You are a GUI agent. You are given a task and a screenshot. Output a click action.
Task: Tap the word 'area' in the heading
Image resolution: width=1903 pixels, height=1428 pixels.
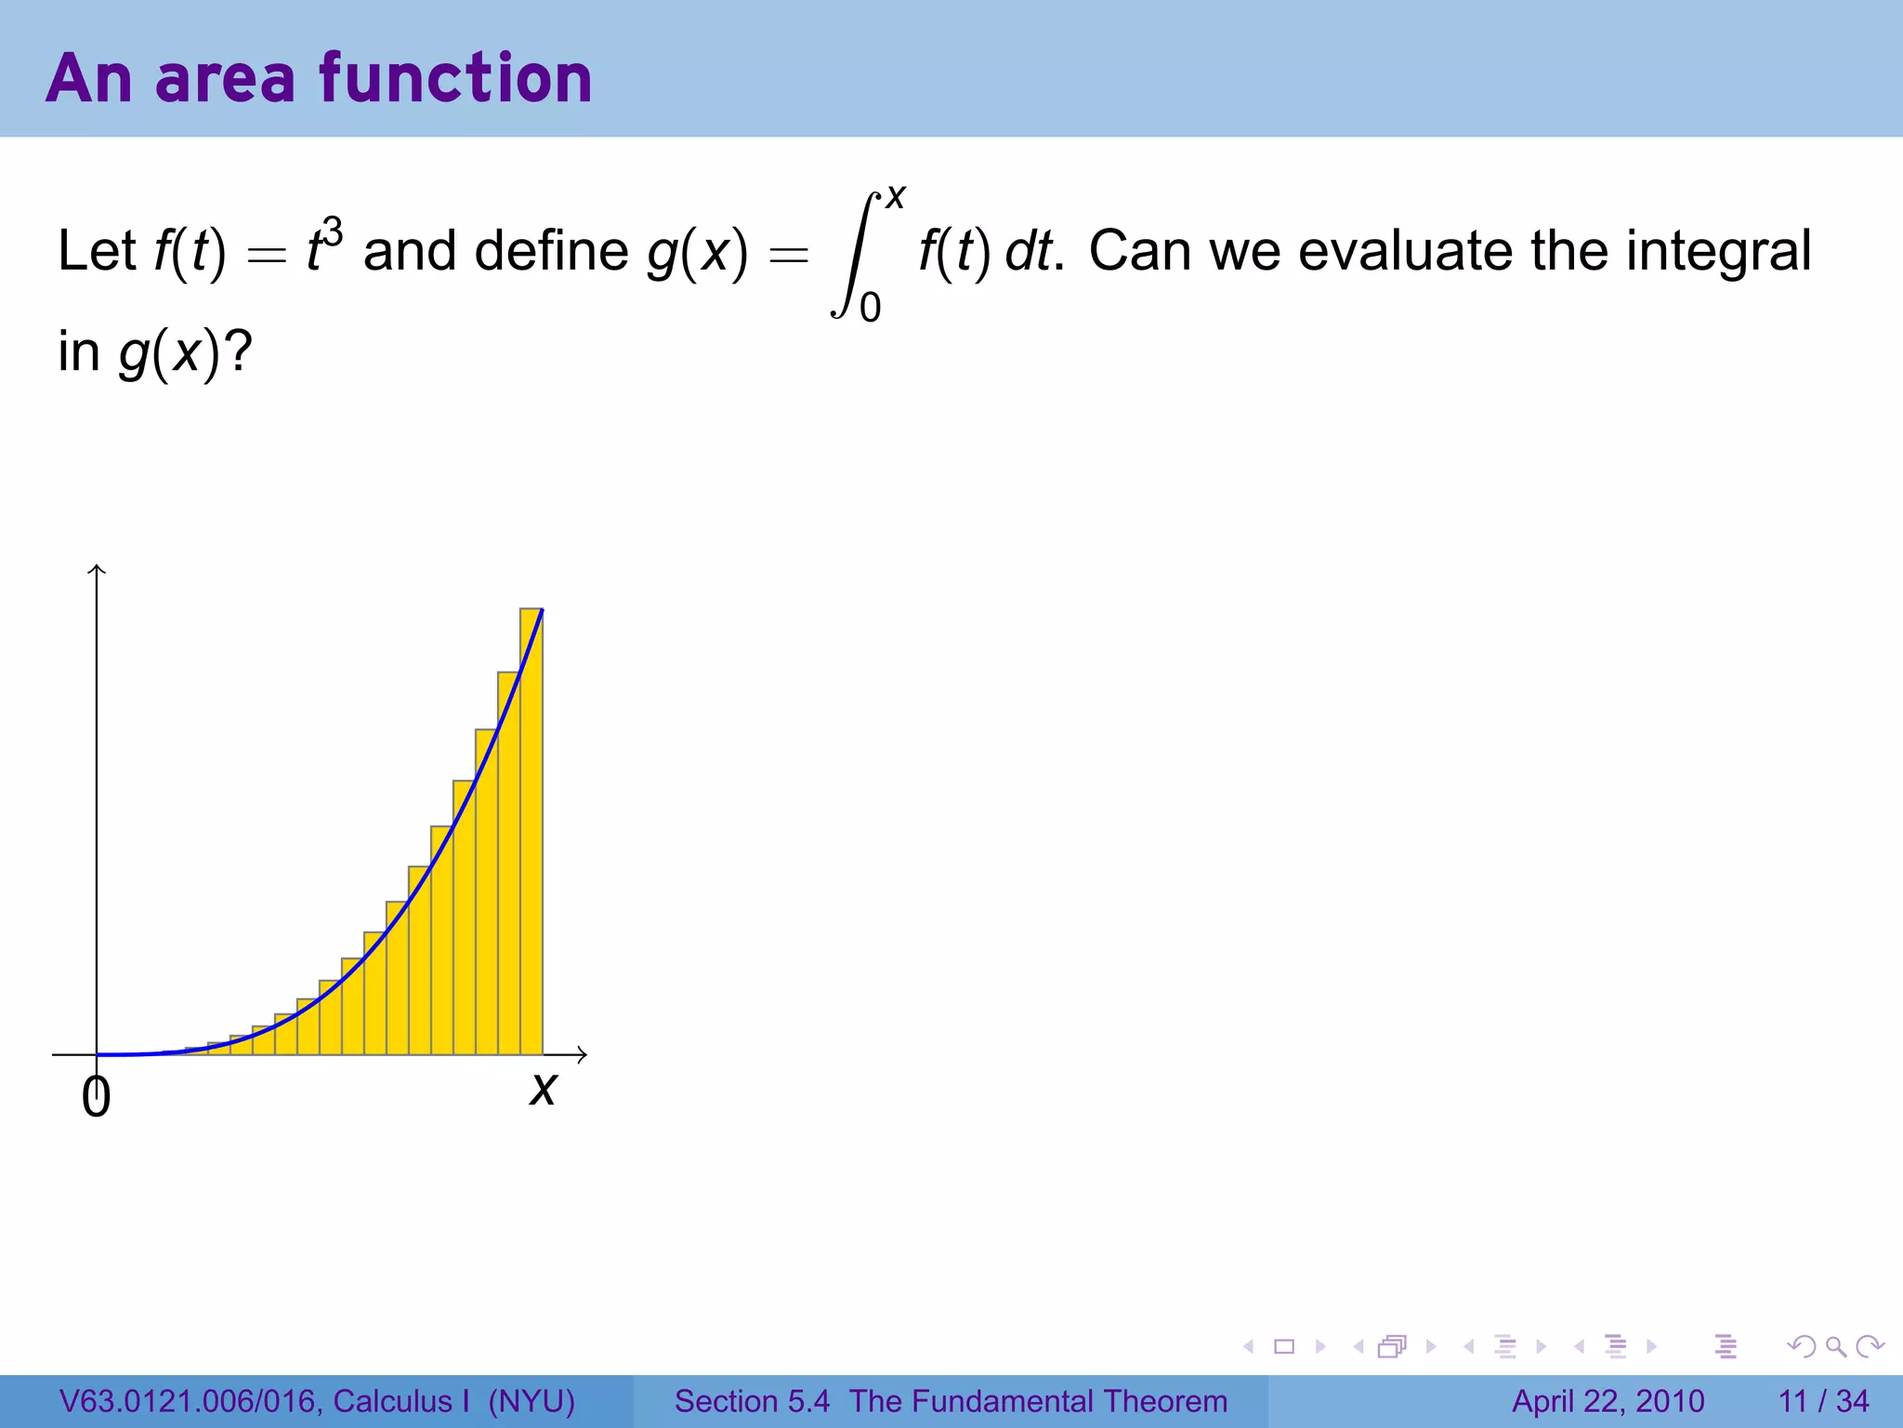[x=225, y=80]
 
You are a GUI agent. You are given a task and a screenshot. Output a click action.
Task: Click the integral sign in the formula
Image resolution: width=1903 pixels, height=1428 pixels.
[x=853, y=255]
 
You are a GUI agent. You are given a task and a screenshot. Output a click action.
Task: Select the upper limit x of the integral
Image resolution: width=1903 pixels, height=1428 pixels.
[x=896, y=197]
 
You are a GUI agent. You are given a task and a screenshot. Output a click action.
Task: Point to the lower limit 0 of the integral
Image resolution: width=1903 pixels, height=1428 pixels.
[x=871, y=307]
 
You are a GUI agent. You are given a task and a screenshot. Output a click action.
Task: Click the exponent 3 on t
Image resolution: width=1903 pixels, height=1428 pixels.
[x=332, y=232]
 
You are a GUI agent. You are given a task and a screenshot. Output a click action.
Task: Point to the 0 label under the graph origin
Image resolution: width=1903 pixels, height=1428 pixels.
[x=96, y=1097]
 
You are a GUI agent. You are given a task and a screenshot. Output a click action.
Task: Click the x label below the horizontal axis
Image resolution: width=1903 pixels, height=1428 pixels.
[x=543, y=1088]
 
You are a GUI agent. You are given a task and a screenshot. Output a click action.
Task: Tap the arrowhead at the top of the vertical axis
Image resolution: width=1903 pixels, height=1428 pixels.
[x=97, y=568]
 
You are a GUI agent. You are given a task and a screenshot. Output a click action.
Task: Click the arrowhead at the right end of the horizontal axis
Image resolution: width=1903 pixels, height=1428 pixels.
[x=583, y=1054]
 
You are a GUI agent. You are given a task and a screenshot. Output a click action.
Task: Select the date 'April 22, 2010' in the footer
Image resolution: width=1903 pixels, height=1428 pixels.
[x=1608, y=1401]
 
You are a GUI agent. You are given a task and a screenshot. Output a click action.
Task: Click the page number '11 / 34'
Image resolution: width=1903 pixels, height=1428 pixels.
[x=1823, y=1401]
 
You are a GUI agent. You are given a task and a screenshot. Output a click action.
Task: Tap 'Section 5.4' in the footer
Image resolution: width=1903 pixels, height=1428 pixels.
[x=752, y=1401]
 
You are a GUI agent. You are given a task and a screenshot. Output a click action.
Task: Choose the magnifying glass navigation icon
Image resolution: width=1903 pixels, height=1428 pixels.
[x=1835, y=1346]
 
